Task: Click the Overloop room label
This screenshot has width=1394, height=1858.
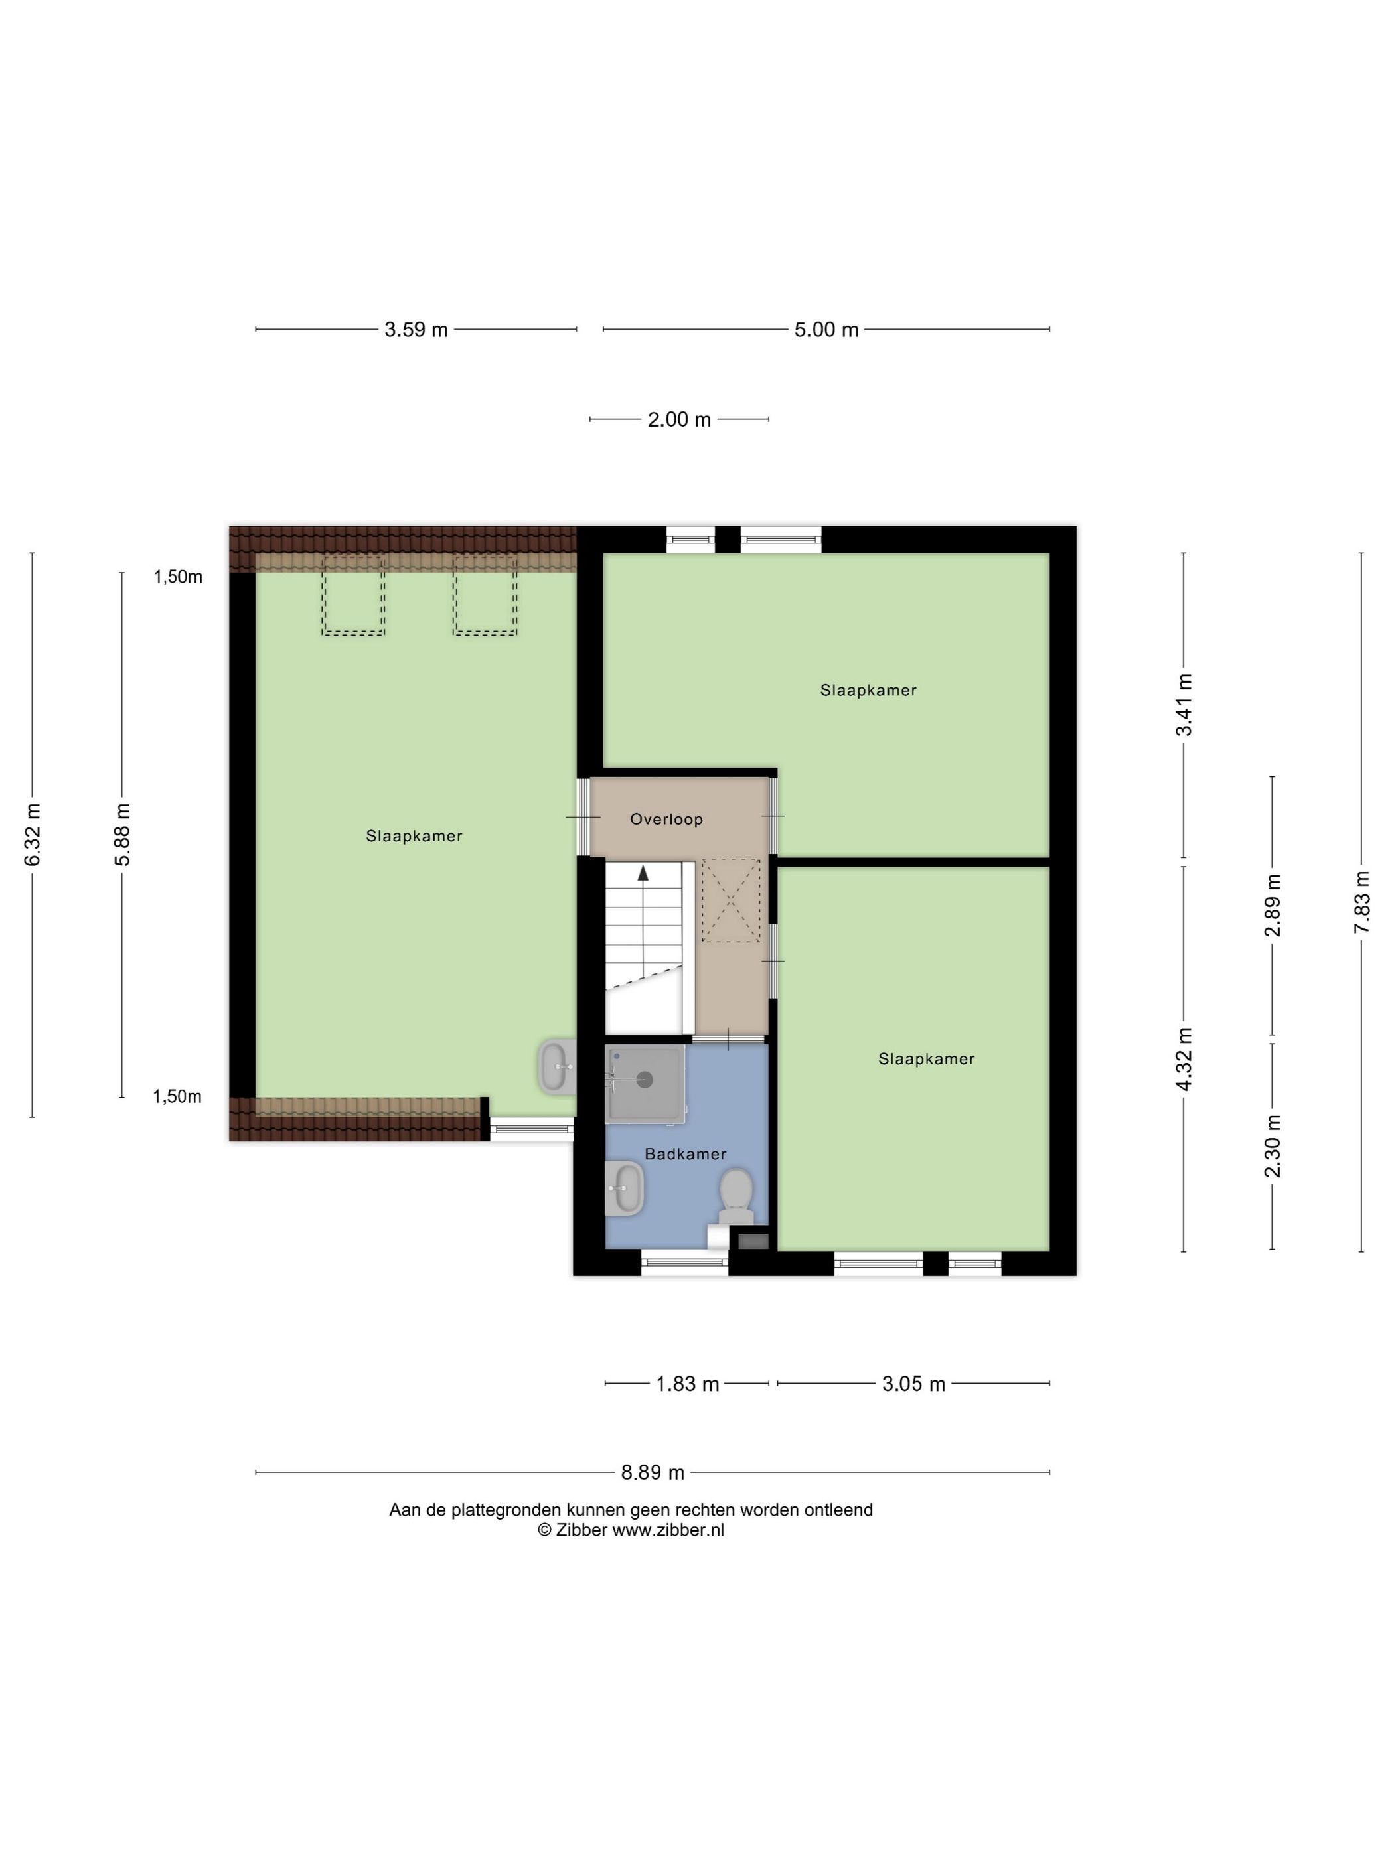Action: click(x=666, y=819)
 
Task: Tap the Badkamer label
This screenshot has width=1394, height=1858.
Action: click(x=685, y=1154)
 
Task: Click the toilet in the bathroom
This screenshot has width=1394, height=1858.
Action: click(x=736, y=1196)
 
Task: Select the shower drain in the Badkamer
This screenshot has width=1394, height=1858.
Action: click(x=645, y=1080)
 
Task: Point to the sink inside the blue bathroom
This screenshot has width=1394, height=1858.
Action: click(x=623, y=1187)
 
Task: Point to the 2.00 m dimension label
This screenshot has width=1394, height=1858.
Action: click(x=679, y=419)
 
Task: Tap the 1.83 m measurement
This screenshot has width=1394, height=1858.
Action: click(x=687, y=1384)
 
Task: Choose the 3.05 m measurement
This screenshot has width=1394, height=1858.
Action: click(x=913, y=1384)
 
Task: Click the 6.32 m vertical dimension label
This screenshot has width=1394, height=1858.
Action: click(x=33, y=835)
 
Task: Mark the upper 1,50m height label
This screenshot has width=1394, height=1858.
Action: click(x=177, y=577)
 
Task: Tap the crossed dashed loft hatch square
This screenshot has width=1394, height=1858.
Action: click(x=730, y=900)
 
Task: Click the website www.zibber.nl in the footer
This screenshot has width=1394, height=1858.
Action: click(x=667, y=1530)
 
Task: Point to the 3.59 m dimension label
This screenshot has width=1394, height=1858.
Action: click(x=416, y=330)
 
